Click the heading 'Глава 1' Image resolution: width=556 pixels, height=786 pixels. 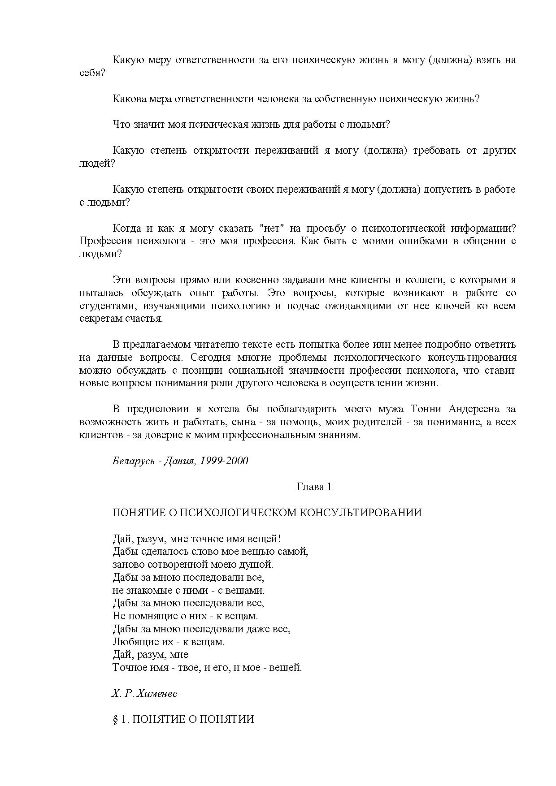point(314,487)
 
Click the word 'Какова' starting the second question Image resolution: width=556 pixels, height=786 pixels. point(127,99)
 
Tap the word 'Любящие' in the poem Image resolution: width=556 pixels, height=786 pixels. point(133,642)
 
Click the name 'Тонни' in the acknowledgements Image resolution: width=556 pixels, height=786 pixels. point(426,409)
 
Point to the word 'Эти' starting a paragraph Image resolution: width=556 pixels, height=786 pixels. point(121,280)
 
